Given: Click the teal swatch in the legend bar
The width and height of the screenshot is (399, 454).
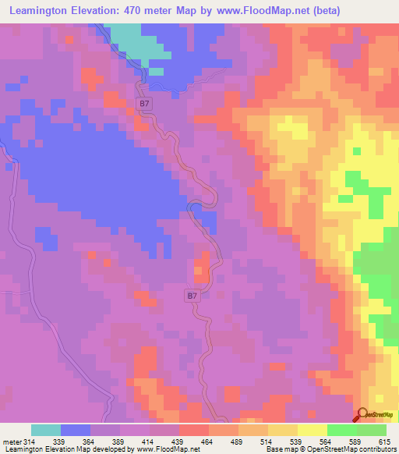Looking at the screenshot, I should coord(46,431).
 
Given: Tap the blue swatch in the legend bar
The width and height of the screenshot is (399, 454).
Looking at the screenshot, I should coord(76,431).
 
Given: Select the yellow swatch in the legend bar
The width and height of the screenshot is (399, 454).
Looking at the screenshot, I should coord(312,431).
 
